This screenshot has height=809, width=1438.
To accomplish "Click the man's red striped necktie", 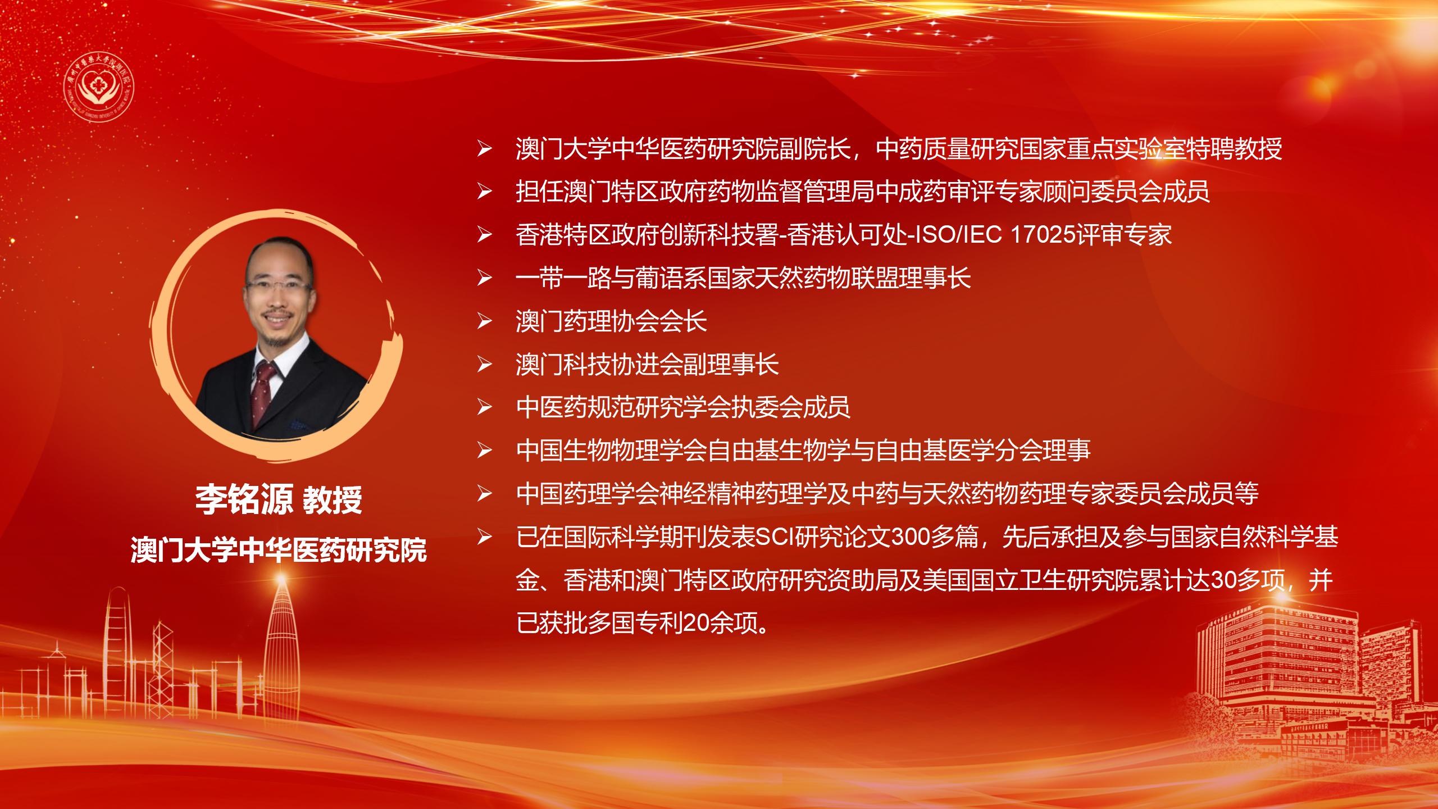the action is (x=264, y=393).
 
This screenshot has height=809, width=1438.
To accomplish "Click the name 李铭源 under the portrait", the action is (x=244, y=499).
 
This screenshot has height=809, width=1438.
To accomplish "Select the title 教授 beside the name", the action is (x=333, y=499).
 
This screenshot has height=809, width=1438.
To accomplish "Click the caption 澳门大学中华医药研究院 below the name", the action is (x=279, y=549).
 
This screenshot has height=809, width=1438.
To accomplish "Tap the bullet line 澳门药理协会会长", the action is (x=611, y=321).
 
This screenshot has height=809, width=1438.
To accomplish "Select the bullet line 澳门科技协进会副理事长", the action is (x=647, y=364).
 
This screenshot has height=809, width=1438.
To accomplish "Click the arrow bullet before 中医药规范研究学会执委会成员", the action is (x=484, y=408).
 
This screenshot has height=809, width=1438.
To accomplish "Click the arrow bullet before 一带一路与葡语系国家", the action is (x=484, y=278).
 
